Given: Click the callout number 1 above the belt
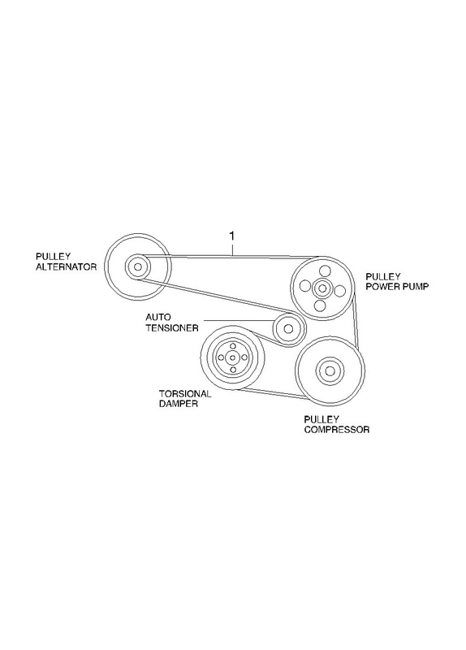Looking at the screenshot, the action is [232, 236].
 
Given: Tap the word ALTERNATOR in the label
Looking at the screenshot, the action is [67, 267].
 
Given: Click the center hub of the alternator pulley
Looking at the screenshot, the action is [137, 266].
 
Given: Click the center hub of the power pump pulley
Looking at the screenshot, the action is [321, 288].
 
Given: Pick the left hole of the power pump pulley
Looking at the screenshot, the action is [305, 286].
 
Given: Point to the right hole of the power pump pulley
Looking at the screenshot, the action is [339, 291].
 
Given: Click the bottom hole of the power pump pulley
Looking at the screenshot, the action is [319, 305].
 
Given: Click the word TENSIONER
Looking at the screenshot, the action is [172, 328].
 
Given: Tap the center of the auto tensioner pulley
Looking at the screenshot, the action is [289, 329].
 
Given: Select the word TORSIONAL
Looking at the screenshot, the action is [186, 394].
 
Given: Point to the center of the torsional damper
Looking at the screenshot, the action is [232, 357].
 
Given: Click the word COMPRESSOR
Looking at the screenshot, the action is [337, 430].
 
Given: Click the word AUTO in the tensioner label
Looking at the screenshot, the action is [157, 318].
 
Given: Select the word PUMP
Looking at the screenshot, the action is [414, 286].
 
